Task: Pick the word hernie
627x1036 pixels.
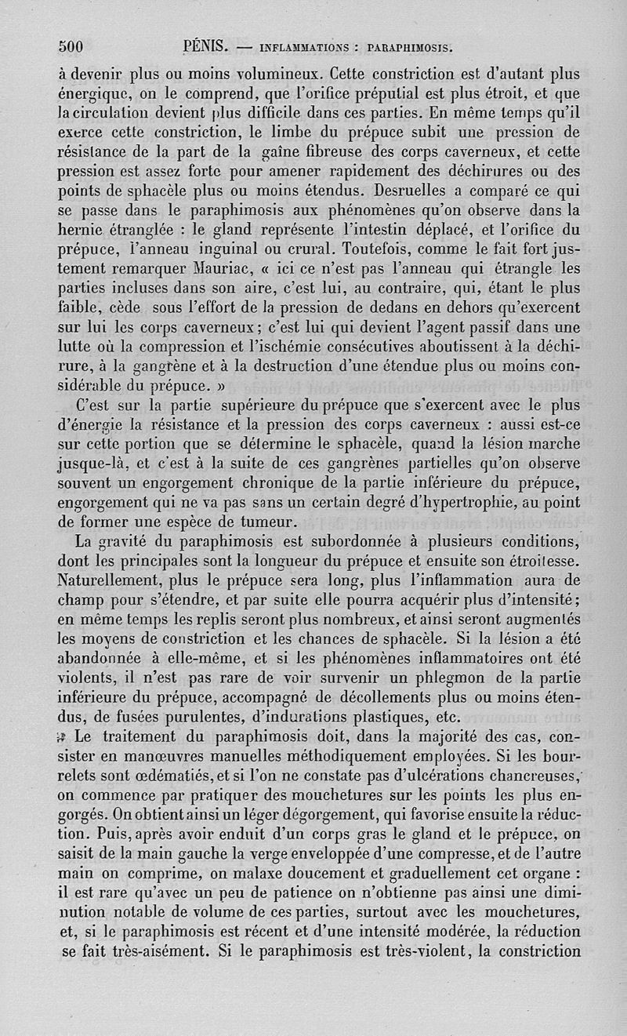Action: click(83, 232)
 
